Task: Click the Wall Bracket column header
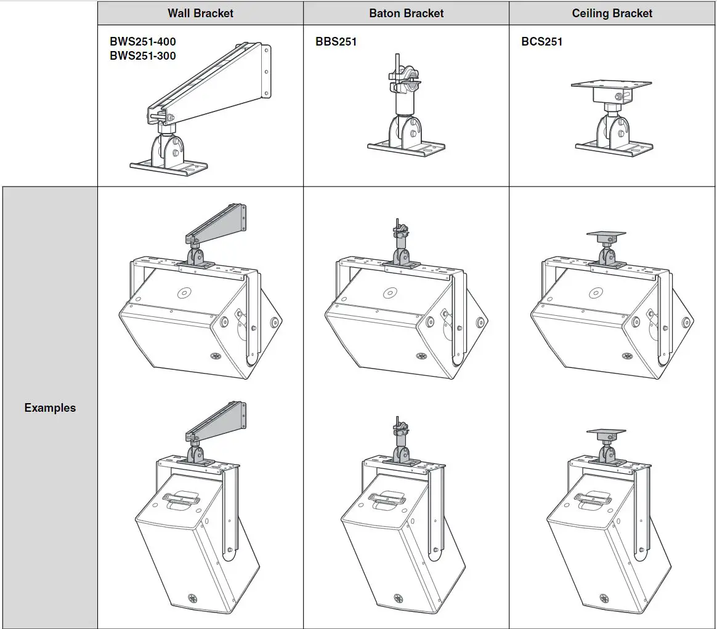pyautogui.click(x=200, y=13)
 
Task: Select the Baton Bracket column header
pyautogui.click(x=406, y=13)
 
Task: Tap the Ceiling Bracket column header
pyautogui.click(x=612, y=13)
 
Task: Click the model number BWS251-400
pyautogui.click(x=142, y=42)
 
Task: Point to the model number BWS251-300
pyautogui.click(x=142, y=56)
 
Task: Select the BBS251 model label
pyautogui.click(x=336, y=42)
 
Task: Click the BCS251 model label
pyautogui.click(x=541, y=42)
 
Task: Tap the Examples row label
pyautogui.click(x=50, y=407)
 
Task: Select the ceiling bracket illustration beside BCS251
pyautogui.click(x=612, y=117)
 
